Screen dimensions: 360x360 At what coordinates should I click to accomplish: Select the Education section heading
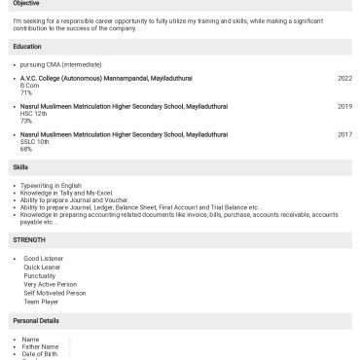27,47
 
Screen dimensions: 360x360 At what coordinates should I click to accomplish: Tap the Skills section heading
20,167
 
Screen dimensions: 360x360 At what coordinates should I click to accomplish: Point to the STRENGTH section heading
28,238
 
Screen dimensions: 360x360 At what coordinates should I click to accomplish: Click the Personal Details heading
36,320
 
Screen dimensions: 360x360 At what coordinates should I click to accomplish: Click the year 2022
344,78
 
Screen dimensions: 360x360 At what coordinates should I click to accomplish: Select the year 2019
344,106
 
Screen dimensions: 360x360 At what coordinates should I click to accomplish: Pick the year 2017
344,134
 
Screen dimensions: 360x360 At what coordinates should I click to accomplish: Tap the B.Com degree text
30,86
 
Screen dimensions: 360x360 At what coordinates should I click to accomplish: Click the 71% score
26,92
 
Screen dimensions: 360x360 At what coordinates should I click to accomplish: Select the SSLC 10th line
35,142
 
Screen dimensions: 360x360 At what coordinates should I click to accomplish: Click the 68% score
26,149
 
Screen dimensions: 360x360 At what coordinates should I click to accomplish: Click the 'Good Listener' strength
44,258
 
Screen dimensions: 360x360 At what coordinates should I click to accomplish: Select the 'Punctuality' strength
41,275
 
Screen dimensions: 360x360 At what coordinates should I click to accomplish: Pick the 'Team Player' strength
42,302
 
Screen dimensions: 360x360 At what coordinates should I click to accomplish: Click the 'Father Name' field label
40,346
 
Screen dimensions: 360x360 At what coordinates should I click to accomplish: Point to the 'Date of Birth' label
40,353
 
